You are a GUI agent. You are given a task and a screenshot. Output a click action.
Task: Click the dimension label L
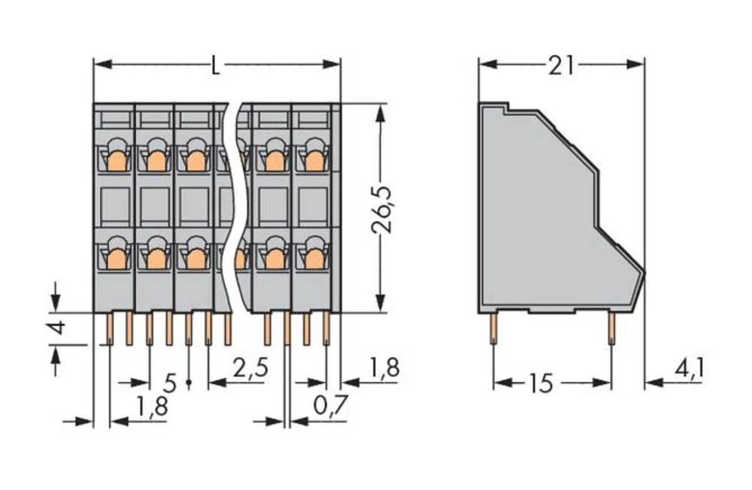pos(216,65)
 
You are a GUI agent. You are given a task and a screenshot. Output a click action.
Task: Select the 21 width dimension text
pos(560,65)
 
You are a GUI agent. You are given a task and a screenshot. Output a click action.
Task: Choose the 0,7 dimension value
pos(330,407)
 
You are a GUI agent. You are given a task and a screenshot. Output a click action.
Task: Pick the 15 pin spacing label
pos(539,383)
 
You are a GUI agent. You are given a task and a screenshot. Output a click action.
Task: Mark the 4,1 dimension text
pos(690,368)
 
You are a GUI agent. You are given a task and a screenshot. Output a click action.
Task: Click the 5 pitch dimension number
pos(170,383)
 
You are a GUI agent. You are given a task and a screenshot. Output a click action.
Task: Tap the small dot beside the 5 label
pos(188,383)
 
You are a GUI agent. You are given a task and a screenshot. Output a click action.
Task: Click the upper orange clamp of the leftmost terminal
pos(116,160)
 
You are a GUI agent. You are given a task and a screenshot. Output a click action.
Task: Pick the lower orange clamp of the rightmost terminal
pos(314,259)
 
